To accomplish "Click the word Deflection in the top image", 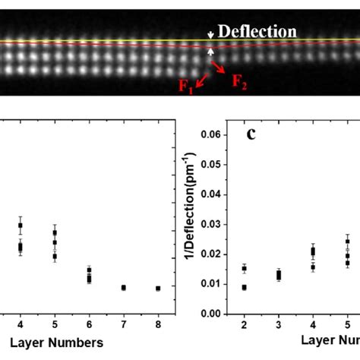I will coord(257,31).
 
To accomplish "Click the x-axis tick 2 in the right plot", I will coord(244,324).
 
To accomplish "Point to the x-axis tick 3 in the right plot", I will coord(278,324).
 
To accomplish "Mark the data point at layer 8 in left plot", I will coord(158,289).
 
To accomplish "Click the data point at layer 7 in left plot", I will coord(124,288).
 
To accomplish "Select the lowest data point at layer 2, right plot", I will coord(244,287).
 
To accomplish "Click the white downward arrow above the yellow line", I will coord(211,34).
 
